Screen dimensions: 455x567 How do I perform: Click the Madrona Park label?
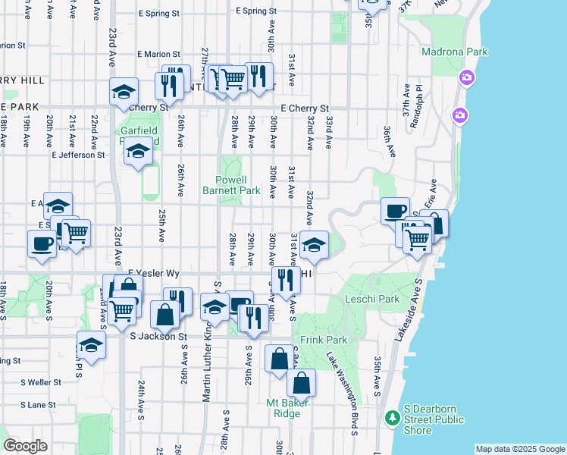(x=455, y=52)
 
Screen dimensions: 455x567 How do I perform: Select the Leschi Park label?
(x=372, y=299)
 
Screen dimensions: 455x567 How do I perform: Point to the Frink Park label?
(x=324, y=340)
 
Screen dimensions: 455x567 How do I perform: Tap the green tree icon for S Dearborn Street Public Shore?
(x=392, y=418)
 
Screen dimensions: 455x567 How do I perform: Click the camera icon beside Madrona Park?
(x=465, y=78)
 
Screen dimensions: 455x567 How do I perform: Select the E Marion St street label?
(x=159, y=54)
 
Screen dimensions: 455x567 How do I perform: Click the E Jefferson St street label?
(x=77, y=155)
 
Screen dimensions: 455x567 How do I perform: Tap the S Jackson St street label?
(x=158, y=336)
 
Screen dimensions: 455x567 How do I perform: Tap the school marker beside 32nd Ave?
(x=314, y=245)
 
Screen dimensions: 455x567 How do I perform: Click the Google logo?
(x=26, y=446)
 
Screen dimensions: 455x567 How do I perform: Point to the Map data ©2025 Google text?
(x=519, y=449)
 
